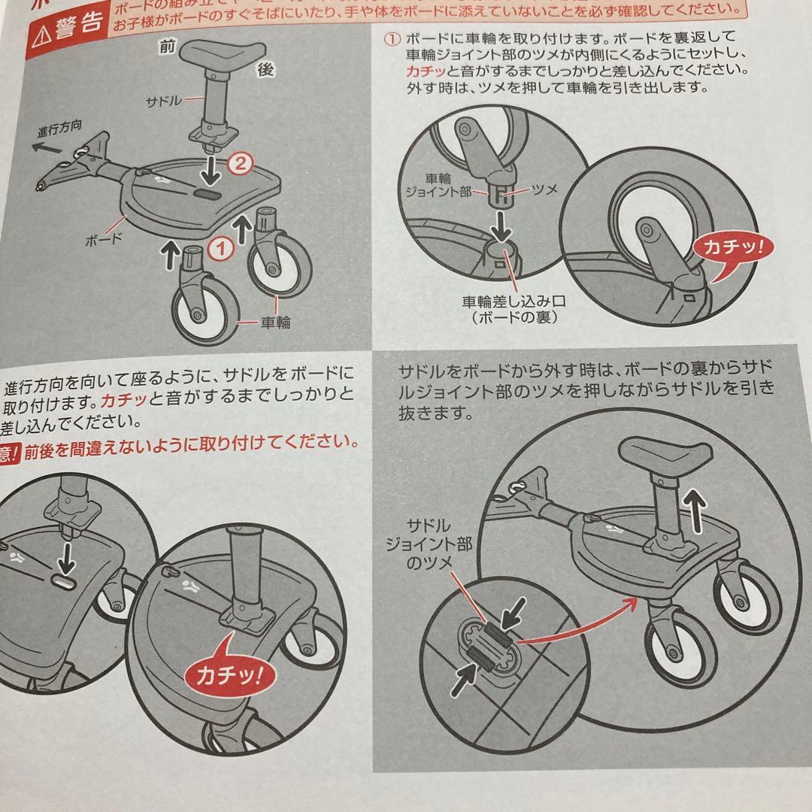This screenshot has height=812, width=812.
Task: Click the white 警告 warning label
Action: (77, 24)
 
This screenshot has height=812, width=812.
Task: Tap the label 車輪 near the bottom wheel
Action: (275, 323)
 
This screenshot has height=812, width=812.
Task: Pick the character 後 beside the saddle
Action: (265, 68)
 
